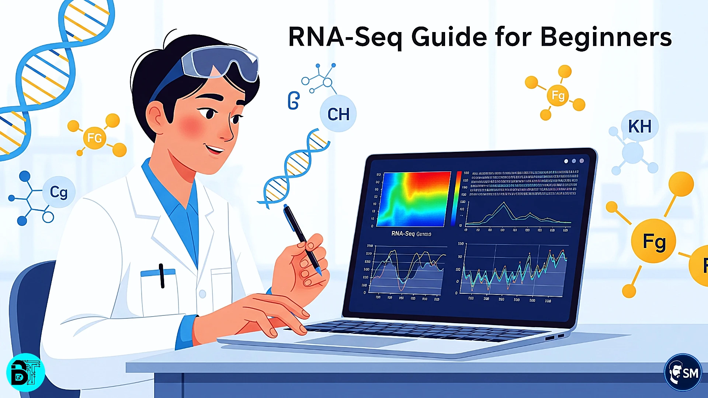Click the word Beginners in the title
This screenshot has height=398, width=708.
605,38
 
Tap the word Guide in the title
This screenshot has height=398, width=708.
449,37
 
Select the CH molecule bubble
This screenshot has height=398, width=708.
338,114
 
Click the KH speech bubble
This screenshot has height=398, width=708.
640,126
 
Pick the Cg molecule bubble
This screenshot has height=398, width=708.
59,192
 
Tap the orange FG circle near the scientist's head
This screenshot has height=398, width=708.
94,138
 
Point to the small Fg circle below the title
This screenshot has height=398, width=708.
558,95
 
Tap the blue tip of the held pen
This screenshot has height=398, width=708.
319,272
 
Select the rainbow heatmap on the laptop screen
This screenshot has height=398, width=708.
414,199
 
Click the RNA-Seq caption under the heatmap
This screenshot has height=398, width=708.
411,234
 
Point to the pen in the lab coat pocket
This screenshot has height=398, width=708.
162,276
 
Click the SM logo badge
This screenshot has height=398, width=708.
683,373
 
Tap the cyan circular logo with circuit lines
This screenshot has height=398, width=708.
25,372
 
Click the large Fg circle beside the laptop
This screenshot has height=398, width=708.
653,241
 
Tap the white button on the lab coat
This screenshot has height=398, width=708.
202,294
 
